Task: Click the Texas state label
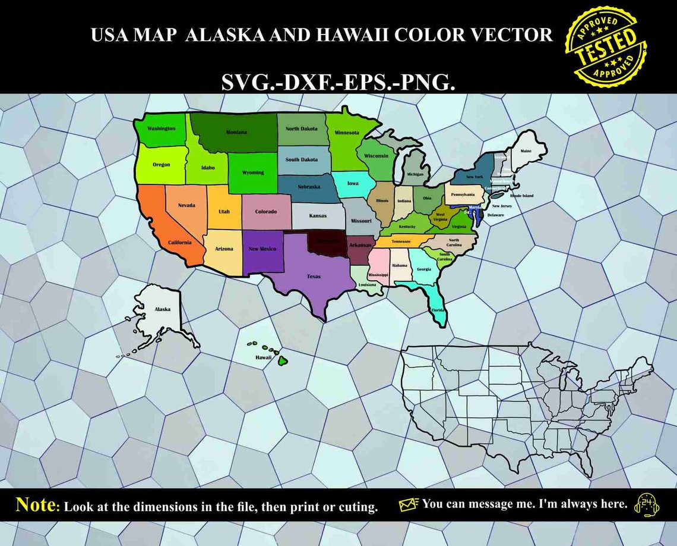point(313,277)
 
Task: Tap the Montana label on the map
point(236,132)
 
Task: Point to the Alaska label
point(162,309)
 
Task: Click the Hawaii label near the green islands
point(263,357)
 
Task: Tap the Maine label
point(526,151)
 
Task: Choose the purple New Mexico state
point(262,250)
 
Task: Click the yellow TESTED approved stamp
point(606,48)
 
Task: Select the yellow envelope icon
point(409,504)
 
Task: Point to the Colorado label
point(265,212)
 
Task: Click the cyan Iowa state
point(353,184)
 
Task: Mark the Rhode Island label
point(521,196)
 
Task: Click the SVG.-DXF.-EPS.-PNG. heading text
point(338,83)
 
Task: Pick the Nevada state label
point(186,205)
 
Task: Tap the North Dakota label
point(301,128)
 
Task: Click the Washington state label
point(161,128)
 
